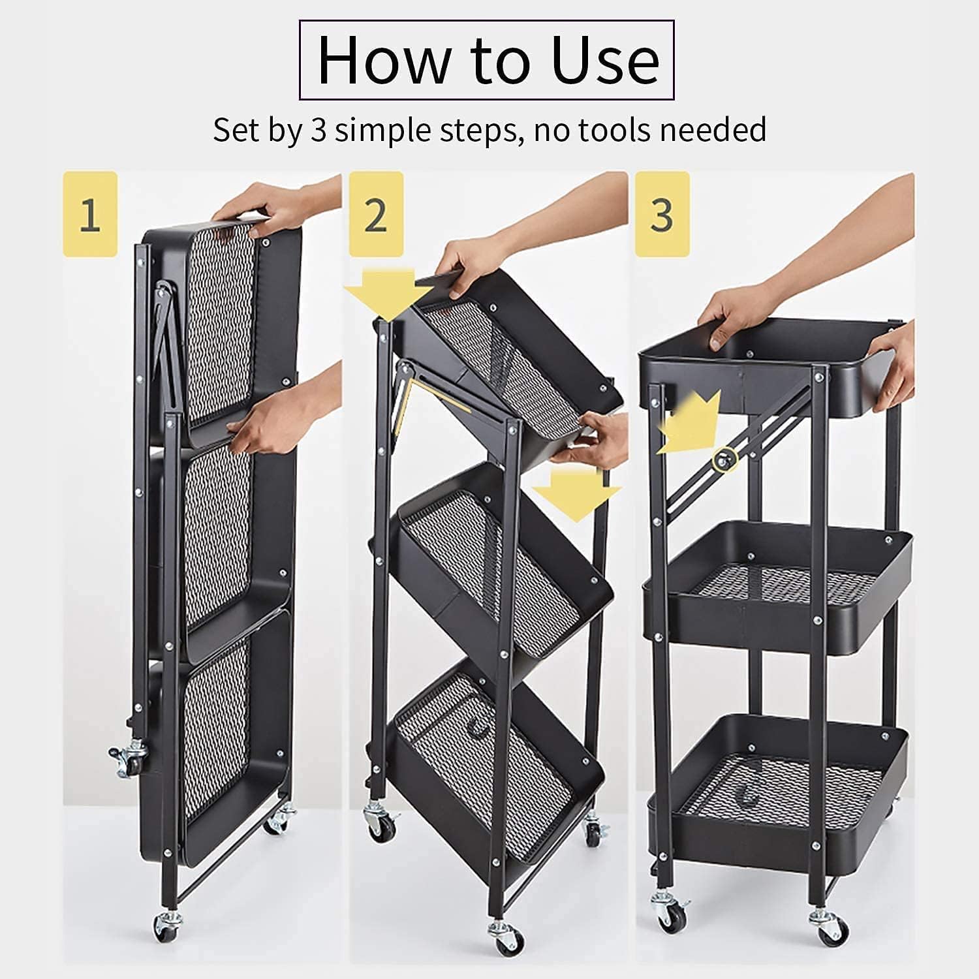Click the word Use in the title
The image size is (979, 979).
click(x=604, y=61)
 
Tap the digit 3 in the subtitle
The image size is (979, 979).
click(x=318, y=129)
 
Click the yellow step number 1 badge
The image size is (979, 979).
click(x=90, y=214)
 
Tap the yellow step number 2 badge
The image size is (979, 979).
click(x=375, y=214)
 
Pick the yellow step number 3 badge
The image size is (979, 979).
click(x=662, y=214)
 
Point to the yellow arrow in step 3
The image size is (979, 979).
click(x=689, y=423)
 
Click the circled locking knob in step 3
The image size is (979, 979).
click(x=723, y=460)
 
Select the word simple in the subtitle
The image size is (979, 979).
click(x=382, y=131)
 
